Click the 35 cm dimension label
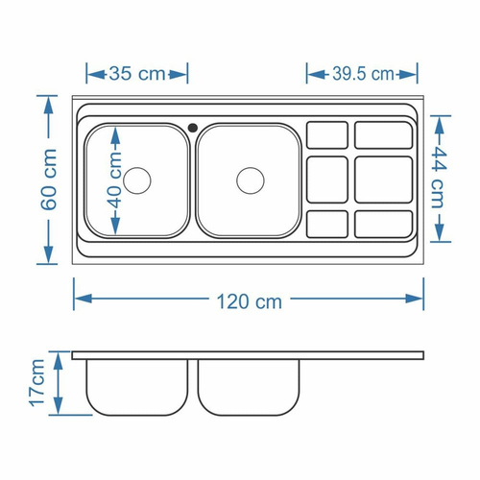pos(137,74)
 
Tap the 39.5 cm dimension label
pos(363,74)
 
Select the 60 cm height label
pos(49,180)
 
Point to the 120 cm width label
pos(250,301)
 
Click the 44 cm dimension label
pos(439,178)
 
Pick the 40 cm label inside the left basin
pos(115,180)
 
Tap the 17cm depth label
pos(37,383)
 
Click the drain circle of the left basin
pos(136,180)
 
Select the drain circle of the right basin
pos(251,180)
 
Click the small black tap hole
pos(193,128)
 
